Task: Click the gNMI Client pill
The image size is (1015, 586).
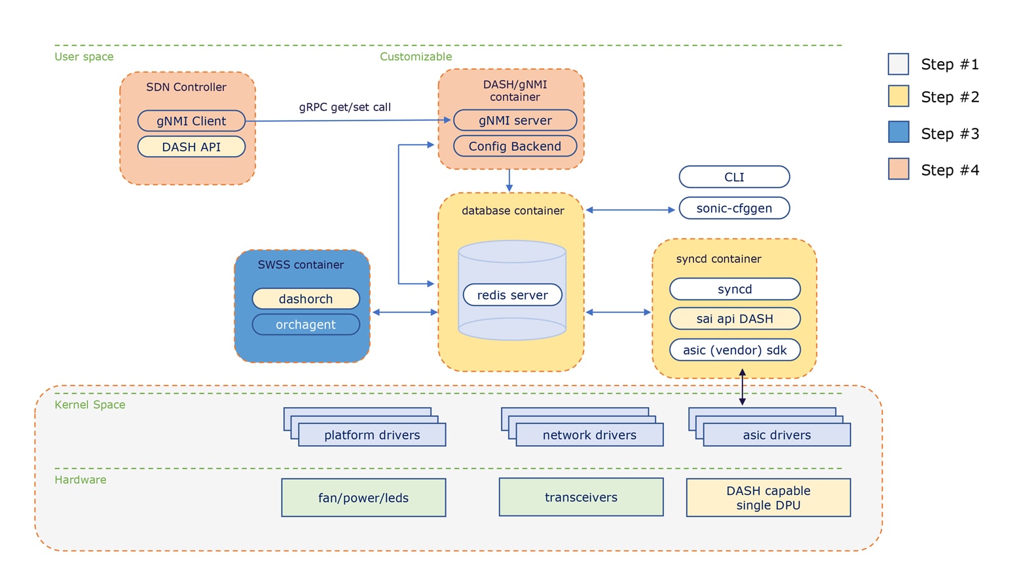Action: pos(191,121)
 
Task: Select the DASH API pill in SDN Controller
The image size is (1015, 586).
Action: pos(191,147)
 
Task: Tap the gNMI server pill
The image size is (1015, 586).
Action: pos(515,121)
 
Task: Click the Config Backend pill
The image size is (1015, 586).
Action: pos(515,146)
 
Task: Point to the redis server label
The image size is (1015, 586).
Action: pos(512,295)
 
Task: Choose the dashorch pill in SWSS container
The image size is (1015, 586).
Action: pos(306,299)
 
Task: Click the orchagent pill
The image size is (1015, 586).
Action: pos(306,324)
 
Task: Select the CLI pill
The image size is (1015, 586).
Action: pos(734,177)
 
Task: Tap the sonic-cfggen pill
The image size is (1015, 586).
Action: pos(734,208)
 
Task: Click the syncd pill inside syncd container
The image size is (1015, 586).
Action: pos(735,289)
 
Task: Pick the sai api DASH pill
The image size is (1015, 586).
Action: pos(735,319)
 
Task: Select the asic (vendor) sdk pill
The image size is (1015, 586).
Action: pos(735,350)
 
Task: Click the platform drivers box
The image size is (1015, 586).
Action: pos(372,435)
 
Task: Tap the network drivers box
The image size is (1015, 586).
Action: pos(589,435)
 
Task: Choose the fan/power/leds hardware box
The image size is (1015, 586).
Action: pos(363,498)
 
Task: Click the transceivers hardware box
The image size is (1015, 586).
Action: pos(581,497)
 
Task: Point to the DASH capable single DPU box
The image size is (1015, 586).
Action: pos(768,498)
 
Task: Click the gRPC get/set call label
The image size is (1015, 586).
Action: pos(344,107)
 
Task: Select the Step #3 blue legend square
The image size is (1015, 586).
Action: pos(898,132)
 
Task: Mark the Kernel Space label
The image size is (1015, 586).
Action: pos(90,404)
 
